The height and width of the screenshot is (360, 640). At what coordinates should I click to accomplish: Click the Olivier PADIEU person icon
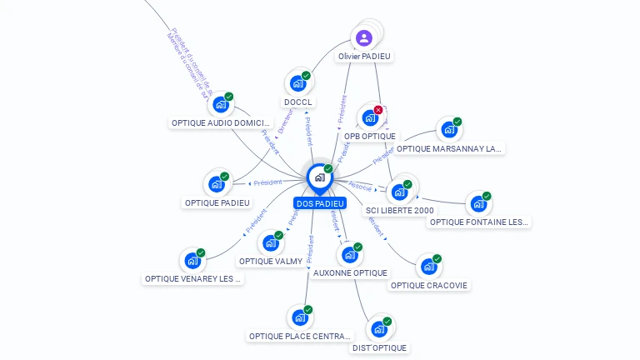coord(364,37)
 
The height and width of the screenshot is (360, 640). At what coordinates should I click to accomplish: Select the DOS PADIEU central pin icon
coord(319,177)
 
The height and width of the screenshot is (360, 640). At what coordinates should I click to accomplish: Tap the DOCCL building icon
coord(297,83)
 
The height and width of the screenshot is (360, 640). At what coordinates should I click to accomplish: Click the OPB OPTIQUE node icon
coord(370,117)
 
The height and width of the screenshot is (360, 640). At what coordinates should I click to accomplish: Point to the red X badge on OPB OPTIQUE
coord(378,110)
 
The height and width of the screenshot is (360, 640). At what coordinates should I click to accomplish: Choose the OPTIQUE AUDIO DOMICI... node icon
coord(220,104)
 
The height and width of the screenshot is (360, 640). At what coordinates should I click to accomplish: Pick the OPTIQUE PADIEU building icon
coord(217,183)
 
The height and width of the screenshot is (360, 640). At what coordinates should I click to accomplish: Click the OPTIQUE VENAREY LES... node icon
coord(193,260)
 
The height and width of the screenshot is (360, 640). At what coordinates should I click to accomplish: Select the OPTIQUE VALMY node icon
coord(270,242)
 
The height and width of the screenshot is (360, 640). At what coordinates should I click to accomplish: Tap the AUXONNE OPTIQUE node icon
coord(349,254)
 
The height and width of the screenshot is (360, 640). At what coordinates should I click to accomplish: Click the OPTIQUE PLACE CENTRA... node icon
coord(299,317)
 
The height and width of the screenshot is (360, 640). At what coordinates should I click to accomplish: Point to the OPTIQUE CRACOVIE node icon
coord(428,267)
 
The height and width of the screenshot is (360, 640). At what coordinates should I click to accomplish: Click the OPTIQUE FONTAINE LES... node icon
coord(477,203)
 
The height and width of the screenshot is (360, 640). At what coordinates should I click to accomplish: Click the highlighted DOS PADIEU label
coord(319,203)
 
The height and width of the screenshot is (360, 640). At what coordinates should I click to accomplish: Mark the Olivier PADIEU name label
coord(364,57)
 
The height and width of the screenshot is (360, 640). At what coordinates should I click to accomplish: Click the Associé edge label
coord(361,187)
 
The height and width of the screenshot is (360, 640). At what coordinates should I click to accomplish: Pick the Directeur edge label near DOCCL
coord(285,122)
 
